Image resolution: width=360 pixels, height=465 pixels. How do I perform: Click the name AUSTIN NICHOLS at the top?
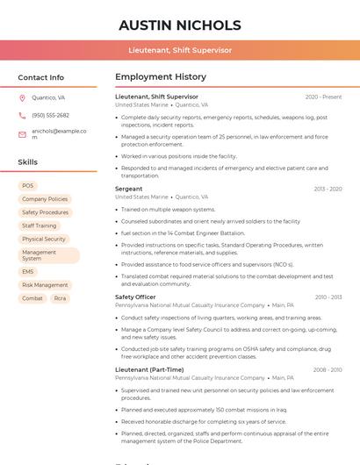(x=179, y=25)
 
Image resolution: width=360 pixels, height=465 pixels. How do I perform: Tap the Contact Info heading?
(x=40, y=77)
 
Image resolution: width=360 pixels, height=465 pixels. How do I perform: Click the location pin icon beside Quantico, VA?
(x=22, y=98)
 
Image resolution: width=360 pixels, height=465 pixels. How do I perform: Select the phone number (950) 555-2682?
(x=50, y=115)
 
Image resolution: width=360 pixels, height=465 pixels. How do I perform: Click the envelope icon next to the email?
(x=22, y=134)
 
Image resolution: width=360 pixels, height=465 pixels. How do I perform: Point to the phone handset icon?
(x=22, y=115)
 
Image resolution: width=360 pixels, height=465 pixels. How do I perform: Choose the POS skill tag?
(x=28, y=186)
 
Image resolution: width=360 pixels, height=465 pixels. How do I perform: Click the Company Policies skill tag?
(x=45, y=199)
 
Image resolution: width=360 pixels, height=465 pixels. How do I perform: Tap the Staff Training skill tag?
(x=40, y=225)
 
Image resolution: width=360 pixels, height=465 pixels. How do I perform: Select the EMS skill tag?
(x=28, y=272)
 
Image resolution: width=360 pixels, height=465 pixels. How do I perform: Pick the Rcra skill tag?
(x=60, y=298)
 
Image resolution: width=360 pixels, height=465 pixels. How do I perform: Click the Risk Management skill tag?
(x=45, y=285)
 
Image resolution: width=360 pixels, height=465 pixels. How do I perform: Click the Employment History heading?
(x=161, y=77)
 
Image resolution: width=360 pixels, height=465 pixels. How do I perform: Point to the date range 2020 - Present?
(x=323, y=97)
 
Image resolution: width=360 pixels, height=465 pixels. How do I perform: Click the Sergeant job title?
(x=128, y=189)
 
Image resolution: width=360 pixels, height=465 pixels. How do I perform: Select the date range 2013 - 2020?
(x=328, y=189)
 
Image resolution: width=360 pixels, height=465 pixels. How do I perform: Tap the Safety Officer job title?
(x=135, y=297)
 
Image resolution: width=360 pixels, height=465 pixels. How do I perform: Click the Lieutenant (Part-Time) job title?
(x=149, y=370)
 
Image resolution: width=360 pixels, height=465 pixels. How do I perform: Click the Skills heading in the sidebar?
(x=27, y=162)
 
